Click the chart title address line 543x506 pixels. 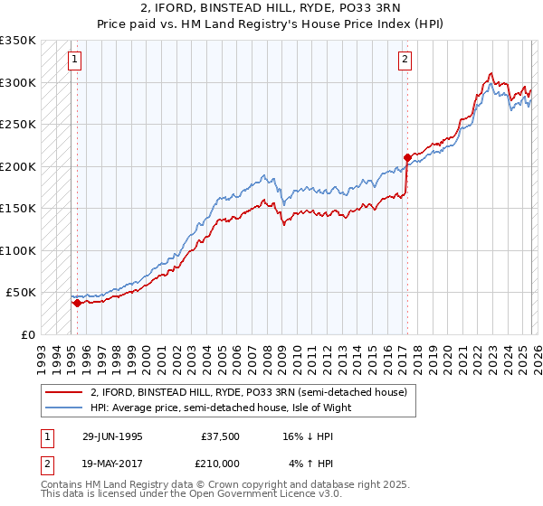(x=271, y=8)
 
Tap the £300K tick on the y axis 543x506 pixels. (x=18, y=82)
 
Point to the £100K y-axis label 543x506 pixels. (x=18, y=250)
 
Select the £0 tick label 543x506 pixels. (x=27, y=334)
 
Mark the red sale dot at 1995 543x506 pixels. (x=77, y=304)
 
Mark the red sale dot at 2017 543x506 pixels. (x=407, y=158)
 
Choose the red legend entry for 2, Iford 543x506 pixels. (x=250, y=392)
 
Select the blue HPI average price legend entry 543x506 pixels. (x=220, y=408)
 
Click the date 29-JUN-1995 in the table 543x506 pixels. (x=111, y=435)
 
